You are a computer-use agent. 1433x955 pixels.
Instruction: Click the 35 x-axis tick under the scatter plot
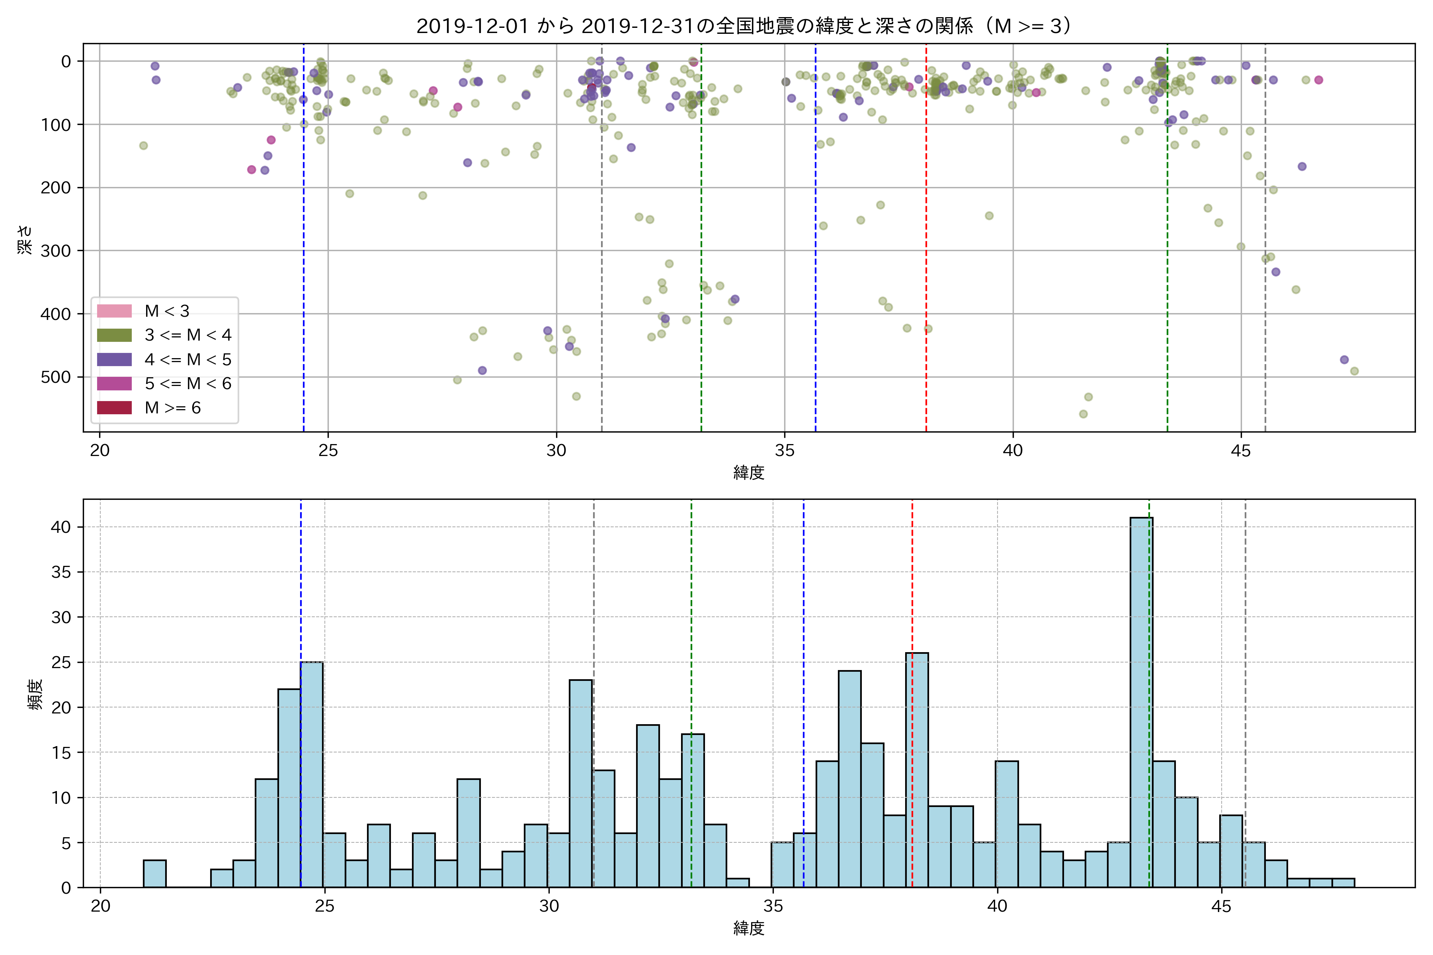[x=785, y=451]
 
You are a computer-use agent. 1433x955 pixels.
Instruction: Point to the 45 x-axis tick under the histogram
[x=1221, y=906]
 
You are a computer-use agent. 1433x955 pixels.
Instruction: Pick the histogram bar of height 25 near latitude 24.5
[x=311, y=774]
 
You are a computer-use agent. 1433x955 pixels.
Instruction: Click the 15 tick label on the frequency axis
[x=61, y=753]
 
